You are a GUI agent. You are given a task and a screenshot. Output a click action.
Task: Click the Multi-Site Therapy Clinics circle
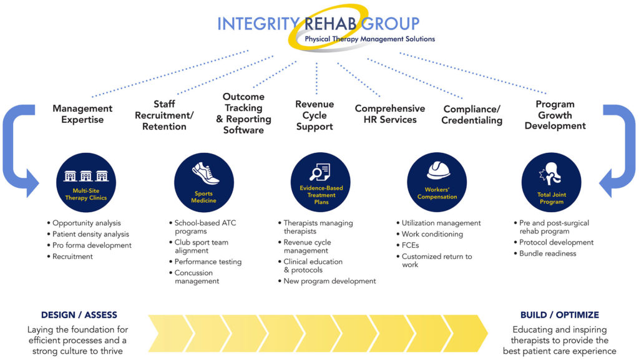86,182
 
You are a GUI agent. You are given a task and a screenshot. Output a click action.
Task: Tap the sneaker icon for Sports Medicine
205,173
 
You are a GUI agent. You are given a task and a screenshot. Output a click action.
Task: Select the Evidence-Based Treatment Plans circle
320,182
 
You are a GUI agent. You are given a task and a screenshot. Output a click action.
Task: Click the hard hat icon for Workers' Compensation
438,170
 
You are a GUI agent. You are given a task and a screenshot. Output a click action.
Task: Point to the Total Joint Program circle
552,182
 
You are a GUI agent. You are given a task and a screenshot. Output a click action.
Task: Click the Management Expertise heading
82,114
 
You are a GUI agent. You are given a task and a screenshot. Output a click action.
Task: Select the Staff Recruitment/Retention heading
164,115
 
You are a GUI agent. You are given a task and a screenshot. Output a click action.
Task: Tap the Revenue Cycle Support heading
315,115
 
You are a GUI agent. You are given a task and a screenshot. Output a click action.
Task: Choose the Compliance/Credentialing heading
472,114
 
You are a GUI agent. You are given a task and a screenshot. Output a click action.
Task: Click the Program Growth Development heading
555,115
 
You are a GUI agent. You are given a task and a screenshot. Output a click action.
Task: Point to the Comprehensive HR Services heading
390,114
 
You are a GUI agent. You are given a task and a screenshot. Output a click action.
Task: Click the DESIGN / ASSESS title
79,315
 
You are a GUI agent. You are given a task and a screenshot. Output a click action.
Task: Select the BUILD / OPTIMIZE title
560,315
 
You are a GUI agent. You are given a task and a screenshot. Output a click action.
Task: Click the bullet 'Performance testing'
205,261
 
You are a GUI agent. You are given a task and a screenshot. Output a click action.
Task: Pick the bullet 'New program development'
327,281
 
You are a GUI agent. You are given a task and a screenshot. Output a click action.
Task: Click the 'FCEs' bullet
407,245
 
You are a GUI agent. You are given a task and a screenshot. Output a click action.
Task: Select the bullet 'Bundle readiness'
545,253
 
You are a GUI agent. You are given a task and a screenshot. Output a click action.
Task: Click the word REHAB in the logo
331,24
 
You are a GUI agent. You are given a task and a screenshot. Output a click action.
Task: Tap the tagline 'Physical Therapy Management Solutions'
370,39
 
